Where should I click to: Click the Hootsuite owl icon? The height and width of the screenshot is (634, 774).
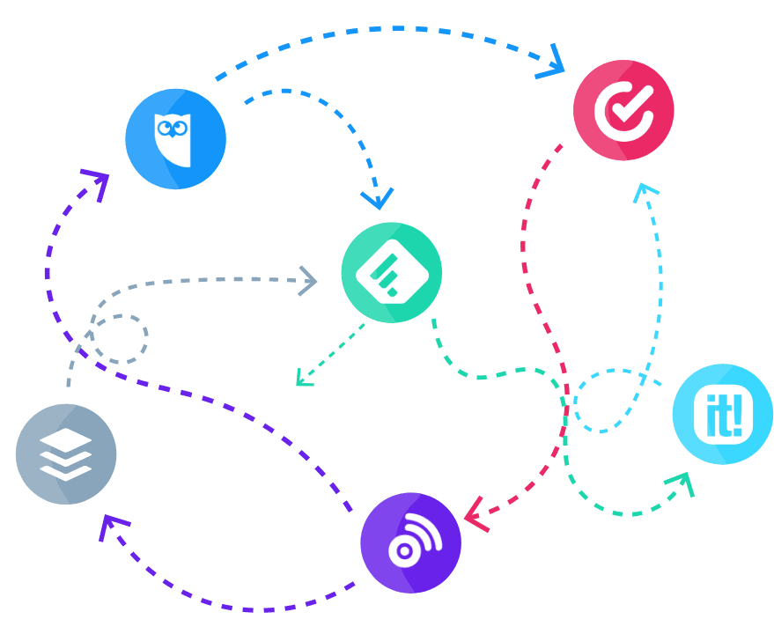click(x=174, y=139)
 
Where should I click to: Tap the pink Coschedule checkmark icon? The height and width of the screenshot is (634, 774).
click(x=623, y=110)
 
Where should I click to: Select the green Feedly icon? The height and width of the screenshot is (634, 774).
click(x=391, y=273)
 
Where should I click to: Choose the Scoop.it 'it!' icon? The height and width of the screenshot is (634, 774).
click(x=722, y=414)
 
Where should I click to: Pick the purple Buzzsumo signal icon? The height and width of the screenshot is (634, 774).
click(x=410, y=542)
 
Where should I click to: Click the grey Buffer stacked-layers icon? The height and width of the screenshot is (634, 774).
click(x=65, y=454)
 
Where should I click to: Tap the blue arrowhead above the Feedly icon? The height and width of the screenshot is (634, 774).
click(x=379, y=199)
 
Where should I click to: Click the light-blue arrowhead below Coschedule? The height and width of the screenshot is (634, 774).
click(x=646, y=191)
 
